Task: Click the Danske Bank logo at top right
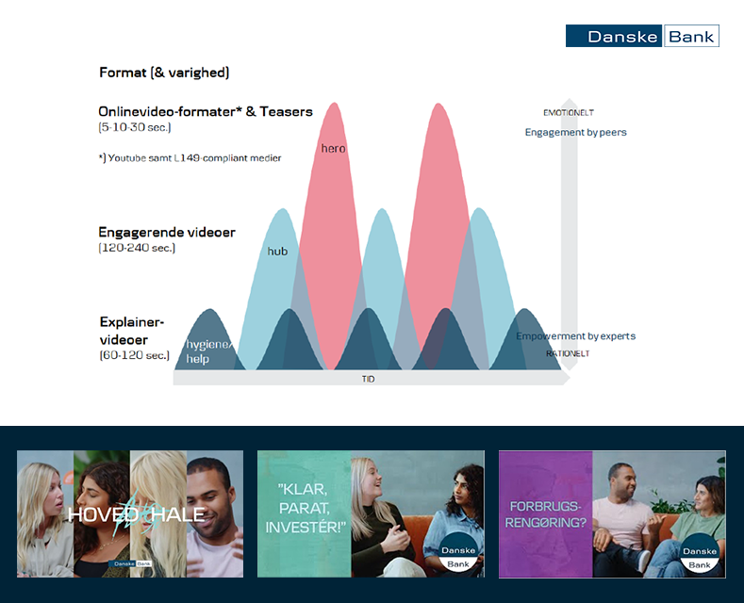pyautogui.click(x=642, y=36)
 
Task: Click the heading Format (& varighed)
pyautogui.click(x=164, y=73)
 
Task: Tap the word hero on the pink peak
pyautogui.click(x=333, y=148)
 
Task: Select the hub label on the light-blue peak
pyautogui.click(x=277, y=252)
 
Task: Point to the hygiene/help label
pyautogui.click(x=208, y=351)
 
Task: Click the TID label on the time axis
pyautogui.click(x=368, y=379)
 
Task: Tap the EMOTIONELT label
pyautogui.click(x=569, y=113)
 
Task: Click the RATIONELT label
pyautogui.click(x=568, y=353)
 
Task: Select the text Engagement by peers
pyautogui.click(x=575, y=132)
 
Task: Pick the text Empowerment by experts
pyautogui.click(x=575, y=336)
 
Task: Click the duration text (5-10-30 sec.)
pyautogui.click(x=135, y=127)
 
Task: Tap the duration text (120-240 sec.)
pyautogui.click(x=137, y=248)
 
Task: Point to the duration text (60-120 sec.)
pyautogui.click(x=134, y=355)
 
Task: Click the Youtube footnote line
pyautogui.click(x=190, y=158)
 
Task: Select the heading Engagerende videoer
pyautogui.click(x=167, y=233)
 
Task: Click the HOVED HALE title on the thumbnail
pyautogui.click(x=136, y=514)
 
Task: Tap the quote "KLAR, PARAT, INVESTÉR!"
pyautogui.click(x=305, y=508)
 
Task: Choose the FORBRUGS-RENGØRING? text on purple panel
pyautogui.click(x=545, y=514)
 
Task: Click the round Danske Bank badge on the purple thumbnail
pyautogui.click(x=700, y=553)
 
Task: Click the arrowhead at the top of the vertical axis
pyautogui.click(x=570, y=102)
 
